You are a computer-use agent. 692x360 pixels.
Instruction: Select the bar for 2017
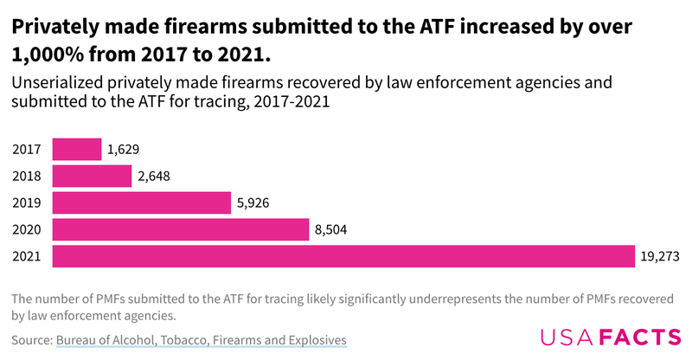click(77, 149)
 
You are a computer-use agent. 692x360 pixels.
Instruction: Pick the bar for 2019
click(142, 202)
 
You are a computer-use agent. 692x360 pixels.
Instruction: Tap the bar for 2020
click(181, 229)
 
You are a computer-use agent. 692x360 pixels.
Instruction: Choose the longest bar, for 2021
click(344, 256)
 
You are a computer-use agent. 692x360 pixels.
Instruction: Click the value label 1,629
click(123, 150)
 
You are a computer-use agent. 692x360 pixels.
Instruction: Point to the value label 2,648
click(154, 177)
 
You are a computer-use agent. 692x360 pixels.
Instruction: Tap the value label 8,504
click(331, 230)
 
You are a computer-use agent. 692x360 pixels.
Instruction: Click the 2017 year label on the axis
click(27, 150)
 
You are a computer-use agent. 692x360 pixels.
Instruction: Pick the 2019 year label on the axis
click(27, 203)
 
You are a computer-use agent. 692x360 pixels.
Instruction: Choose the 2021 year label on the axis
click(27, 257)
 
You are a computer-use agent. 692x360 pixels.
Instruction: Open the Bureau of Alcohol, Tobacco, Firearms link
click(202, 340)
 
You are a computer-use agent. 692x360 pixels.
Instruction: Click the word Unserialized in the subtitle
click(56, 84)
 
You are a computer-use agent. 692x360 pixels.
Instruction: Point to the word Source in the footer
click(31, 340)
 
